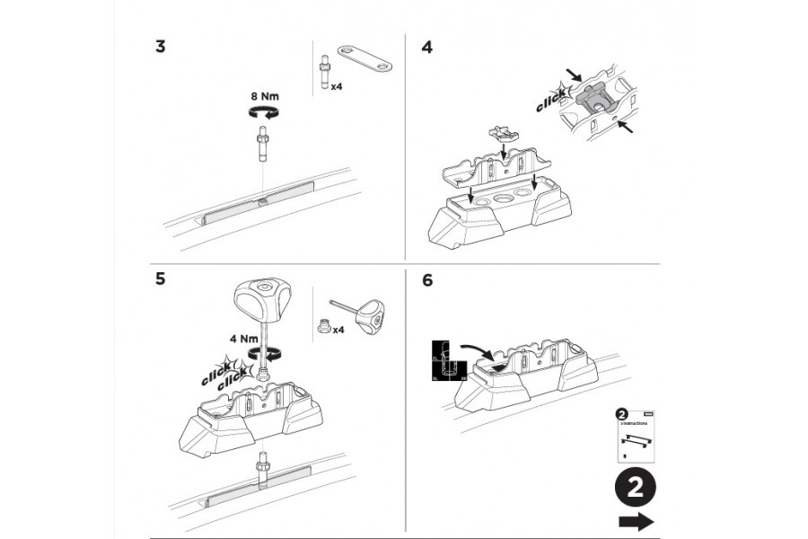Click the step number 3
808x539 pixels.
160,48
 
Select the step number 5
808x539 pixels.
160,278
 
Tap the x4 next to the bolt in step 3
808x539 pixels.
338,88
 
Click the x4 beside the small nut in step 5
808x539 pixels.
338,331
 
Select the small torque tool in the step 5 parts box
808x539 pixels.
359,314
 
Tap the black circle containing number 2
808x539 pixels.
635,489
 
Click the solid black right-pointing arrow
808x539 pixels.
636,523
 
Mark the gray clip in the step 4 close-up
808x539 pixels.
593,97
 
